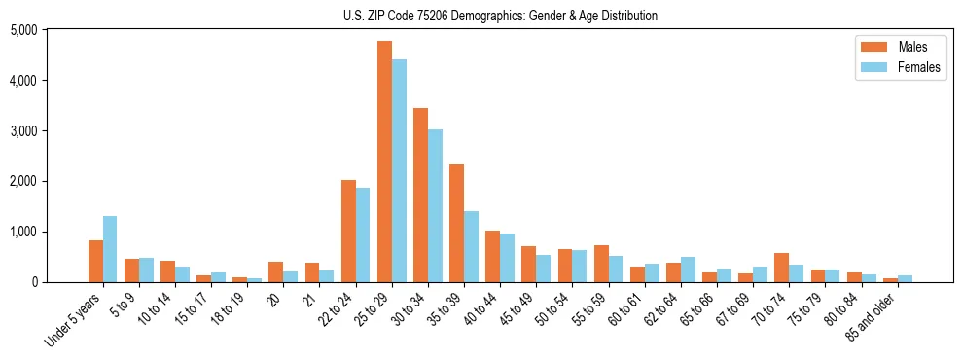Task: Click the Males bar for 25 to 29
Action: (x=384, y=162)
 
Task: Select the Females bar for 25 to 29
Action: (x=399, y=171)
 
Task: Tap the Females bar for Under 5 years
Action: (x=110, y=249)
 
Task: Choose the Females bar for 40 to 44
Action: (x=507, y=258)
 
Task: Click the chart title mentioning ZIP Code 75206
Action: (x=500, y=16)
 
